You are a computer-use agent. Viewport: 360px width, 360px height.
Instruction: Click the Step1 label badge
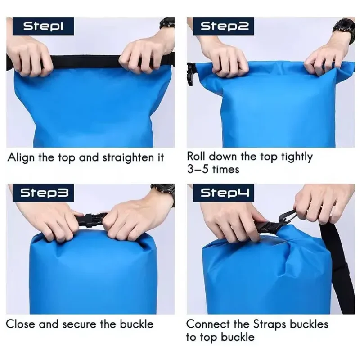click(x=43, y=26)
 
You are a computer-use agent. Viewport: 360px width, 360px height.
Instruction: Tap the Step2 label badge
click(x=224, y=26)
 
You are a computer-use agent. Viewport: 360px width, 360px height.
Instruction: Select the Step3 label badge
click(x=43, y=193)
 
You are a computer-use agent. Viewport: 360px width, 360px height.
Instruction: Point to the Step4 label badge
click(x=224, y=193)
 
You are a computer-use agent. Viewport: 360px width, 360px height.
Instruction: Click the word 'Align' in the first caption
click(x=21, y=158)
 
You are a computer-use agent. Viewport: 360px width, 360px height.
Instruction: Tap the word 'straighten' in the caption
click(x=128, y=158)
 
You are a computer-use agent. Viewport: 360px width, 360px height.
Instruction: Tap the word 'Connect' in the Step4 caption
click(x=208, y=324)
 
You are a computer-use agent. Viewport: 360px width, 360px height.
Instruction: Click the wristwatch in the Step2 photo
click(x=344, y=31)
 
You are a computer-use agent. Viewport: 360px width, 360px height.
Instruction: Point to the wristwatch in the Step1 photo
click(x=167, y=24)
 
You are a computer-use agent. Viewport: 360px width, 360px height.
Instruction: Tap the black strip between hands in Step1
click(x=86, y=62)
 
